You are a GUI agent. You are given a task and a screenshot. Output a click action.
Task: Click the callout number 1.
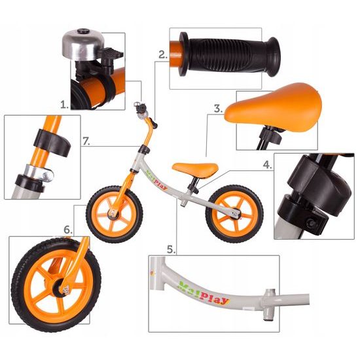click(x=64, y=105)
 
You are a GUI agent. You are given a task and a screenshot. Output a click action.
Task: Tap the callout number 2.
click(x=163, y=55)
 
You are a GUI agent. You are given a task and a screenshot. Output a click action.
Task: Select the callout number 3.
click(x=219, y=109)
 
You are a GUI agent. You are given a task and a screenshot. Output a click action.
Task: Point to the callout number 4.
click(x=268, y=164)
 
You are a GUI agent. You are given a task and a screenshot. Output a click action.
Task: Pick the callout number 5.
click(x=171, y=249)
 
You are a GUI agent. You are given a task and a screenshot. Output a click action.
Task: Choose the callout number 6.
click(x=67, y=230)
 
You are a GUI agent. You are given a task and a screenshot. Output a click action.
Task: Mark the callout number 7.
click(x=86, y=141)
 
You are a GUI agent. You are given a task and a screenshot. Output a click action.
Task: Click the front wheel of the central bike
click(x=115, y=215)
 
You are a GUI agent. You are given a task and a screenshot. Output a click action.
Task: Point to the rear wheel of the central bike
click(x=234, y=214)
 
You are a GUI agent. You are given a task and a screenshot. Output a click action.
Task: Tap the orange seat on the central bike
click(x=195, y=170)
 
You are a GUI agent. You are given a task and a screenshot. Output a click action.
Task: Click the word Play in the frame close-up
click(x=214, y=298)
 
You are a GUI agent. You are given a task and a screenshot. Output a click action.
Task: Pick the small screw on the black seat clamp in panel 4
click(x=312, y=223)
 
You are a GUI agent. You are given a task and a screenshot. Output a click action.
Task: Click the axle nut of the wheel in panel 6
click(x=66, y=291)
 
